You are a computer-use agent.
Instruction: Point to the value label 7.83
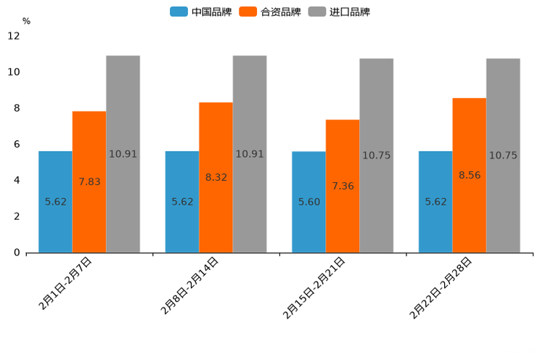click(89, 182)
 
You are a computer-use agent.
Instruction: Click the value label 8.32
click(216, 177)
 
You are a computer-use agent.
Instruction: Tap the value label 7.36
click(343, 187)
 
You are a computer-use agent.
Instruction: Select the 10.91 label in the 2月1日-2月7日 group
click(123, 155)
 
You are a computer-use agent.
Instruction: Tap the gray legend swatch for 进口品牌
click(316, 12)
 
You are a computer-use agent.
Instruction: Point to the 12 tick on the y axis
click(15, 36)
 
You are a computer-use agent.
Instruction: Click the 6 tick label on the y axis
click(17, 144)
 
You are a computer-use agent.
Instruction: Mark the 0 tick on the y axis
click(17, 253)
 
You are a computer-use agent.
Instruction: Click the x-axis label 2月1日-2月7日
click(65, 284)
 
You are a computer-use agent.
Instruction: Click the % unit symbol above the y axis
click(26, 22)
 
